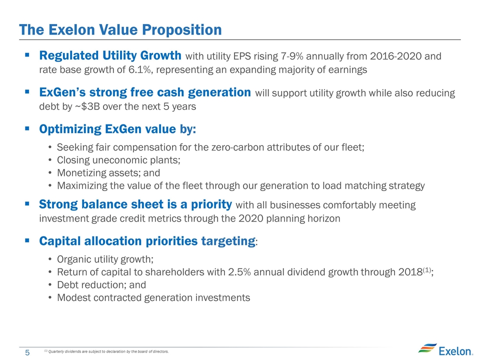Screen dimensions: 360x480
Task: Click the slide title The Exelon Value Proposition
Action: pos(120,29)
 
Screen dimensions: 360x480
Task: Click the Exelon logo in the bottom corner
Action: pos(445,349)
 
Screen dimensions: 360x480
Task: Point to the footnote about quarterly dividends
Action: pos(106,351)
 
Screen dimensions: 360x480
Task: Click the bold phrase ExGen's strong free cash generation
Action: pos(145,92)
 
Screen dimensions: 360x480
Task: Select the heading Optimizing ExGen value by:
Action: pos(117,129)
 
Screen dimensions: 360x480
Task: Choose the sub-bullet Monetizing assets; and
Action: pos(108,173)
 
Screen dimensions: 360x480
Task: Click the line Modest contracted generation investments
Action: pos(153,298)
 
